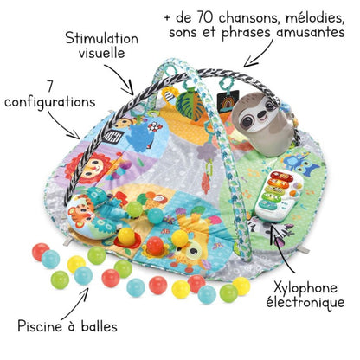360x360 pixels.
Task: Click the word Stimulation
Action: coord(101,38)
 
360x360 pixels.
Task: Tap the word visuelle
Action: coord(102,53)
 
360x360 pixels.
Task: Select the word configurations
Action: coord(50,103)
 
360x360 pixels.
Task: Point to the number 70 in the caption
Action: coord(205,18)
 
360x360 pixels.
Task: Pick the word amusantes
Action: coord(311,32)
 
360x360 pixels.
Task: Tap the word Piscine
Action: coord(40,326)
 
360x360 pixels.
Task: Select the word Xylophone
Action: coord(305,288)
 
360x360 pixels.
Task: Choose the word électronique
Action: coord(305,302)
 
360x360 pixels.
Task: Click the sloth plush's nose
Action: coord(261,115)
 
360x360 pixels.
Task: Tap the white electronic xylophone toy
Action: coord(279,196)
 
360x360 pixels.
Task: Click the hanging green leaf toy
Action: coord(189,106)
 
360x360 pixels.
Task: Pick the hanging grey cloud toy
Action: coord(207,151)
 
